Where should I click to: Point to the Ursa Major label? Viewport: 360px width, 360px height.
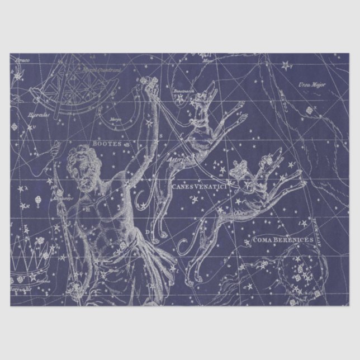(x=311, y=85)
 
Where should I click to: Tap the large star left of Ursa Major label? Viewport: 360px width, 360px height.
(x=286, y=65)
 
